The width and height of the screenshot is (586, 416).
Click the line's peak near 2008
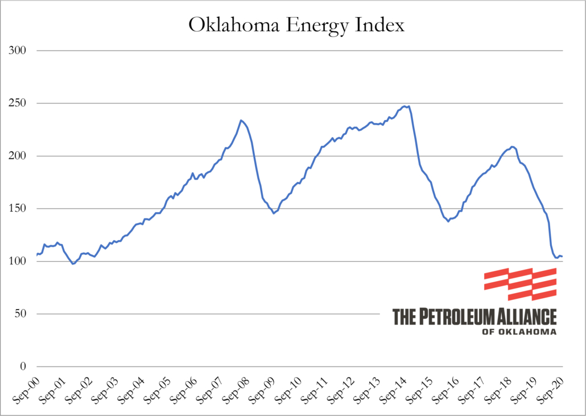coord(241,120)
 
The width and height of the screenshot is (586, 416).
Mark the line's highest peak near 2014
coord(405,106)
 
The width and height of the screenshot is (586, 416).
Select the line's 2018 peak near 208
coord(513,147)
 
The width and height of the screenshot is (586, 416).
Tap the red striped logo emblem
coord(520,284)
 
